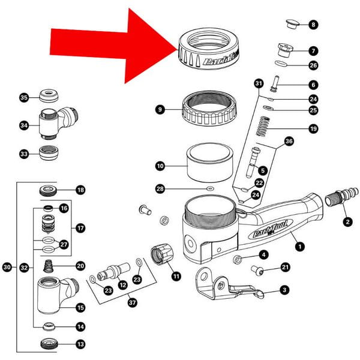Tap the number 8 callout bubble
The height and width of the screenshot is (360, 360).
pos(314,25)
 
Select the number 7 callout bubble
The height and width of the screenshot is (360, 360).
pos(314,51)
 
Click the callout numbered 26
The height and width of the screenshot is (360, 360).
pos(314,65)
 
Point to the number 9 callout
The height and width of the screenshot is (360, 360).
pos(160,109)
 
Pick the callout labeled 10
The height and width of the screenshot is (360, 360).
pos(160,166)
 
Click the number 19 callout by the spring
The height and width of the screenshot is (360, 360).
pos(313,128)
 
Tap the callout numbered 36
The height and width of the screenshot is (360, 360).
pos(289,142)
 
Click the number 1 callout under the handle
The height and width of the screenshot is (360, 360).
pos(299,245)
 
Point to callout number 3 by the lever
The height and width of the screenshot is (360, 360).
pos(284,290)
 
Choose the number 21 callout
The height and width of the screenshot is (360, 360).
pos(285,267)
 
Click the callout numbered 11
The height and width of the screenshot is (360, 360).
pos(176,277)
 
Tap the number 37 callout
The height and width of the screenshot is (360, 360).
pos(132,302)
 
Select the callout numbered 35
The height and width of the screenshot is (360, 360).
pos(24,97)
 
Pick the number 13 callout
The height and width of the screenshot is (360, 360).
pos(80,345)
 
